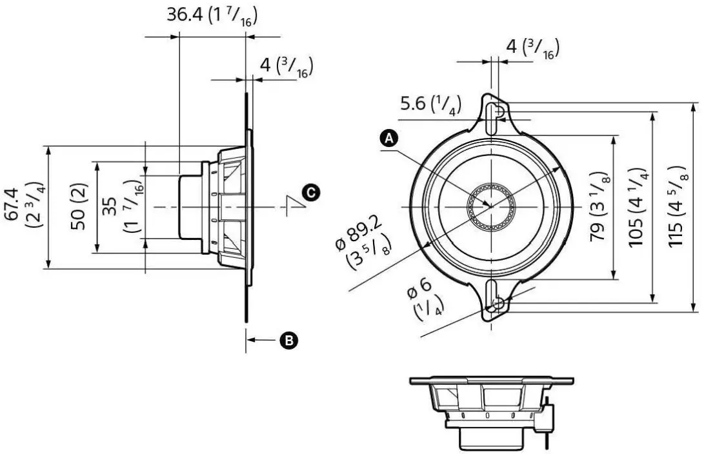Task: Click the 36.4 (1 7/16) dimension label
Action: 214,16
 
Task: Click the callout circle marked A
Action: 389,137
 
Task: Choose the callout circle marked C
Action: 310,192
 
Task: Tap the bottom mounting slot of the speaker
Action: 494,298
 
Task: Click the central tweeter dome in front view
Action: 490,206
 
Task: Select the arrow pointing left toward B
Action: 261,339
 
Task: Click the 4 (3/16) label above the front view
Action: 532,48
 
